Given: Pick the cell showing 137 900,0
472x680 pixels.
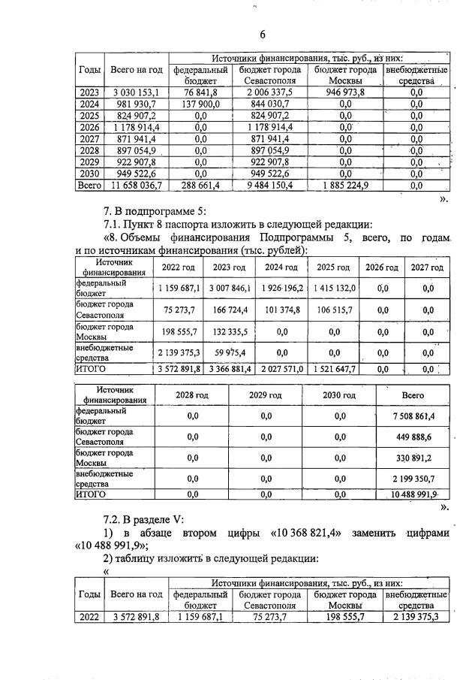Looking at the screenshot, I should tap(200, 104).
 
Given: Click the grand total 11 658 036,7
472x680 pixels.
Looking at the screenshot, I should tap(136, 184).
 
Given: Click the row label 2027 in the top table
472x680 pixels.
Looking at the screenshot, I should tap(89, 139).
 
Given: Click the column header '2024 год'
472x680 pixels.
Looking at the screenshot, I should tap(280, 267).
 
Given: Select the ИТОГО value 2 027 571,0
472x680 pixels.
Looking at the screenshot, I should tap(280, 369).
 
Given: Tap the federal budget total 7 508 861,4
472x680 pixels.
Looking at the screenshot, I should tap(413, 416).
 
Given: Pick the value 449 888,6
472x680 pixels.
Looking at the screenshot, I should tap(413, 437).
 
